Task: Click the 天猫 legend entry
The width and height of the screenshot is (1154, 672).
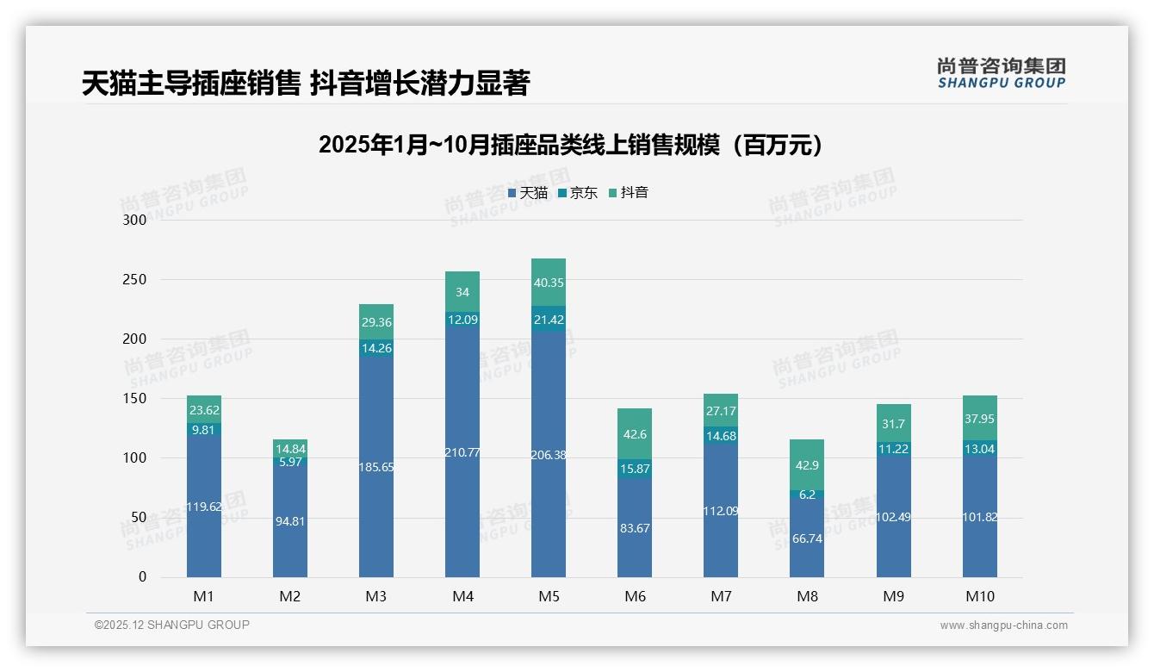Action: pos(528,193)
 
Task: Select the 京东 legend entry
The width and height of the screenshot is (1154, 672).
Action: pos(578,193)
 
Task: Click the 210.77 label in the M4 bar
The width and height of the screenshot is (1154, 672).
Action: pos(462,452)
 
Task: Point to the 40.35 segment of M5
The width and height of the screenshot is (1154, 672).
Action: pos(549,283)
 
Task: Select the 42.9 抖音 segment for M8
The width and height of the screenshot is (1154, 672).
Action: pos(807,465)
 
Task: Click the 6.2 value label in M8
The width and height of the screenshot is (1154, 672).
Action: pos(807,495)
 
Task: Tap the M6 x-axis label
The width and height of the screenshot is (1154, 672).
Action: pos(635,596)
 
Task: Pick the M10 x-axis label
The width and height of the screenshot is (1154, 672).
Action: pos(980,596)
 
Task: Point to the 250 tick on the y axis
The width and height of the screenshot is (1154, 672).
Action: pos(135,280)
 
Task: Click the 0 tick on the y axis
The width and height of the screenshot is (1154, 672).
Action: pos(143,577)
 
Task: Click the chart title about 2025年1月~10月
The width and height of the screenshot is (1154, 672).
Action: pos(570,145)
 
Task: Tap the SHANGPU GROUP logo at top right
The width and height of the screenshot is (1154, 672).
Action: pos(1001,72)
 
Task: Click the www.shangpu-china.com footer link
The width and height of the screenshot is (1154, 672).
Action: pos(1003,625)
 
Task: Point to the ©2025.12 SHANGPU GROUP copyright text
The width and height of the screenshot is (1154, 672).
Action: pos(172,625)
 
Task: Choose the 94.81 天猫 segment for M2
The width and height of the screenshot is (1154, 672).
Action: pos(290,521)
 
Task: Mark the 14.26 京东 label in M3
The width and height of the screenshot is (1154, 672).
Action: pos(376,348)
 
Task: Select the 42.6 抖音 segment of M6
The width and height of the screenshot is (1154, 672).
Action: pos(635,434)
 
